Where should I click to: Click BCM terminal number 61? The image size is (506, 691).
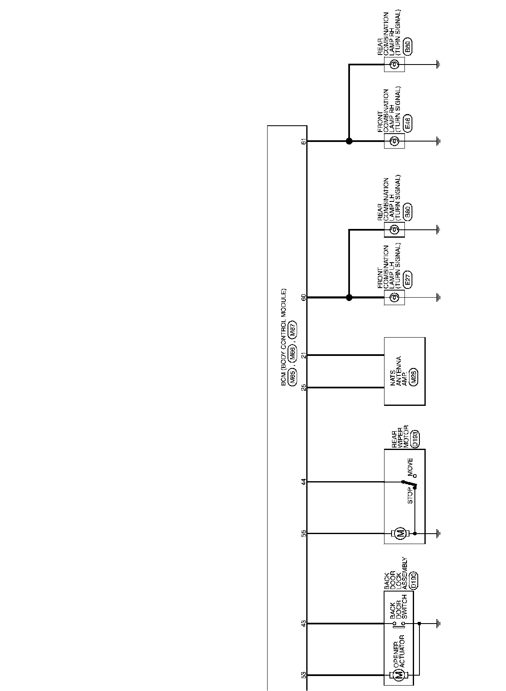coord(304,141)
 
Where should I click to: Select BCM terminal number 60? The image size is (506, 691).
coord(304,297)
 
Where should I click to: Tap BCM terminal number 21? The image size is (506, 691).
coord(304,355)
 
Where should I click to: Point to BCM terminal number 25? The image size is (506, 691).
coord(304,388)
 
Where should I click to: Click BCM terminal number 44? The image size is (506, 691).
coord(304,482)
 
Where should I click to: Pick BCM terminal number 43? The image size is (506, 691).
coord(304,623)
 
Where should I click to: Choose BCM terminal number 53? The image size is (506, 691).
coord(304,675)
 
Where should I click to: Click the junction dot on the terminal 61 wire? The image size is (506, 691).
coord(349,141)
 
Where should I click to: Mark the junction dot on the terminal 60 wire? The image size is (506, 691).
coord(349,297)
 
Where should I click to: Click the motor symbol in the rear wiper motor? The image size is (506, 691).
coord(400,533)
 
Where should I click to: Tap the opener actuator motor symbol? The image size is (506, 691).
coord(398,675)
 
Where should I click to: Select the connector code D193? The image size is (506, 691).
coord(414,439)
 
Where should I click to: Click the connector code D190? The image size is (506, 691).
coord(414,580)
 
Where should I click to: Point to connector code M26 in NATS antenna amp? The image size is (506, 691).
coord(414,376)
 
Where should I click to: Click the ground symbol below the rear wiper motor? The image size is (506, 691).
coord(438,533)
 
